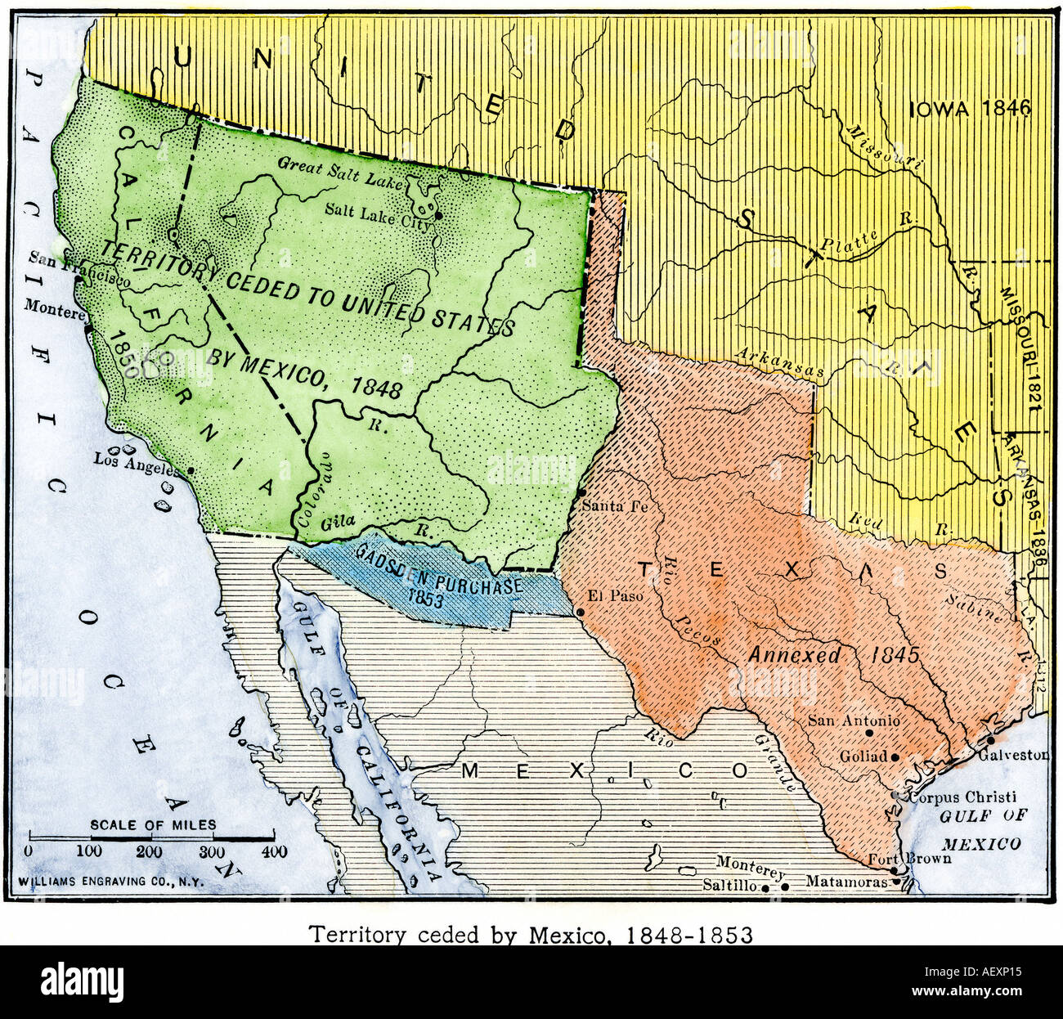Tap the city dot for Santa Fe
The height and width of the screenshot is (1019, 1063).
580,493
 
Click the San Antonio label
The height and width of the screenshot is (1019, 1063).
854,720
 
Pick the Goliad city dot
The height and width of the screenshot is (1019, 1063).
895,757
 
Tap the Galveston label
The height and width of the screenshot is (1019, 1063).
1016,754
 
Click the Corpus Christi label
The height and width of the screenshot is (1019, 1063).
962,797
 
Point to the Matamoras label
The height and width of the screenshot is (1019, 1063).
846,882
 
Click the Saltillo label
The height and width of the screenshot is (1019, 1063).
729,886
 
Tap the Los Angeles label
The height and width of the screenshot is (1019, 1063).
135,461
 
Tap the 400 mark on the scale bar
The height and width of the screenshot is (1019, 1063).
273,852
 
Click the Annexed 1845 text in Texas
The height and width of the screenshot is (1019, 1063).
833,654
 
